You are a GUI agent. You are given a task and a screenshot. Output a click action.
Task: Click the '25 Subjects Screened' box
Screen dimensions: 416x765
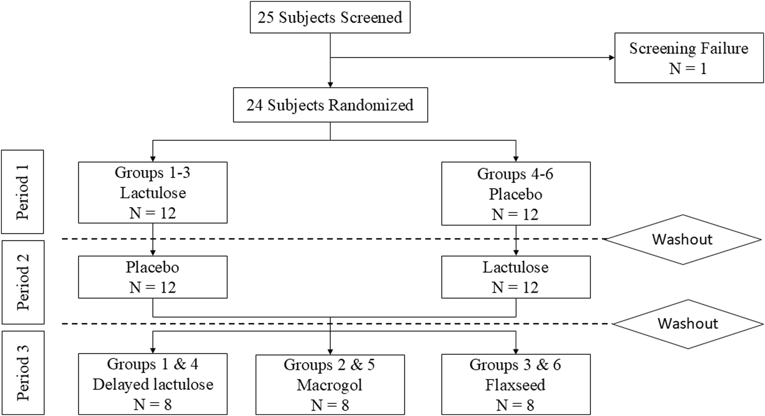pos(330,18)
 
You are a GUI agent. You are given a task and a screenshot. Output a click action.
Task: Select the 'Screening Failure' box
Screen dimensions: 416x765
pos(688,58)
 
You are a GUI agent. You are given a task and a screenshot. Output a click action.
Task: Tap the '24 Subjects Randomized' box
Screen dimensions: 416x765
pos(330,105)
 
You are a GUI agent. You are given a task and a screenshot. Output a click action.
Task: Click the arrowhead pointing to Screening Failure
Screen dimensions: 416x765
pos(611,57)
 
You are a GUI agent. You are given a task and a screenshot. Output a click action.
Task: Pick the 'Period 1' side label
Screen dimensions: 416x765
pos(22,192)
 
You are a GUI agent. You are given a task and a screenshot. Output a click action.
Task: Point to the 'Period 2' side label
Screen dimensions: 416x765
pos(22,282)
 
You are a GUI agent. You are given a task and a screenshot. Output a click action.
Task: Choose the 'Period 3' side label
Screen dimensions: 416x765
pos(22,373)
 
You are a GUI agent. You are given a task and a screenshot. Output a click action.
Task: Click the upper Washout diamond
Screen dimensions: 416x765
pos(682,239)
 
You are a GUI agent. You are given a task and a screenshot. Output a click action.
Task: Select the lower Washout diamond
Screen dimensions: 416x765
pos(688,324)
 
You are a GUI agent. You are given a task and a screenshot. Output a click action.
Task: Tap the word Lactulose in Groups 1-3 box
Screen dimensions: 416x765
pos(153,193)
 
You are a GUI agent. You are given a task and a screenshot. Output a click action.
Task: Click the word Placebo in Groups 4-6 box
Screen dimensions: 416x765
pos(516,194)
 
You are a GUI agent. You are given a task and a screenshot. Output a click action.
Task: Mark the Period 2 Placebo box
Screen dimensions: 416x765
pos(153,277)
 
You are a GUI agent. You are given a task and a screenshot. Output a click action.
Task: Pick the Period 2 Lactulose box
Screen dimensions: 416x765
pos(516,277)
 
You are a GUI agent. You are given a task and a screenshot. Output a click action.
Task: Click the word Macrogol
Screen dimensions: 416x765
pos(330,385)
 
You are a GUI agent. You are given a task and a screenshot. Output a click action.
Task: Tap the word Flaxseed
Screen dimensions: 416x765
pos(516,385)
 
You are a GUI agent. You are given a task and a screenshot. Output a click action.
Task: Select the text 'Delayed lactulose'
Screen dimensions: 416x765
pos(153,384)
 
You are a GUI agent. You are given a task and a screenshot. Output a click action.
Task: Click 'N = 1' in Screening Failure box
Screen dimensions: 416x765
pos(688,69)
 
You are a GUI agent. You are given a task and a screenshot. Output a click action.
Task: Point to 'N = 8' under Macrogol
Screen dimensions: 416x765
pos(330,405)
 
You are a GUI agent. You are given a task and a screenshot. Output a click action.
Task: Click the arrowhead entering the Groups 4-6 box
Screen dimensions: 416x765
pos(516,159)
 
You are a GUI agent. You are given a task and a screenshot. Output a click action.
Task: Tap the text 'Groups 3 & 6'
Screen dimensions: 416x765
pos(515,365)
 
